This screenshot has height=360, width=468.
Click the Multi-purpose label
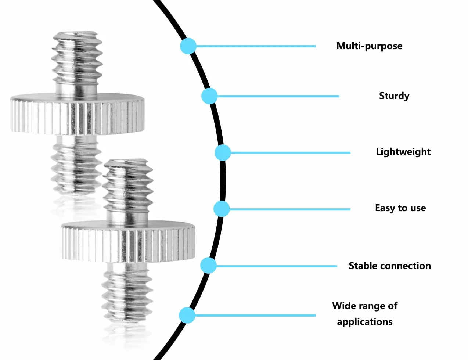[369, 46]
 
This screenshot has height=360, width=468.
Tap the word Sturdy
[394, 96]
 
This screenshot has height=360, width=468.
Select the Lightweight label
[403, 152]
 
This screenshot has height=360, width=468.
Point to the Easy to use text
[400, 208]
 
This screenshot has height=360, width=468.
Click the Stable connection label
[390, 266]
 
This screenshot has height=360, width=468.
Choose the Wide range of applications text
[365, 314]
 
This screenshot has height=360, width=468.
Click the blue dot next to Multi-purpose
[188, 46]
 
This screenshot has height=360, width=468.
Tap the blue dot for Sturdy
[209, 96]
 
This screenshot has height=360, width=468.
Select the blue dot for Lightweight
[223, 153]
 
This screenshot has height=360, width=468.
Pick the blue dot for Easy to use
[222, 209]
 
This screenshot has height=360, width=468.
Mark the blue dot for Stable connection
[208, 266]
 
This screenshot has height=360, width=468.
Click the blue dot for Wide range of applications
[187, 316]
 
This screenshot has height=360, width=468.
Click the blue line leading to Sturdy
[278, 96]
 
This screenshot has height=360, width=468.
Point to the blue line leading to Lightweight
[290, 153]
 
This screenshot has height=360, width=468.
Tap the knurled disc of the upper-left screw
[77, 114]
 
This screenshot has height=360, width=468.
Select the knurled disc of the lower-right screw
[128, 242]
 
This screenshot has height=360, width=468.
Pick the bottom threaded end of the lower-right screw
[127, 292]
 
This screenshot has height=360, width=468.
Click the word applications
[365, 322]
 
